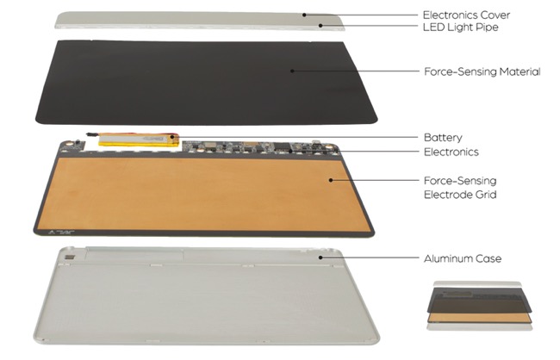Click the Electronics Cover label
pyautogui.click(x=466, y=15)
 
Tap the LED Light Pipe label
pyautogui.click(x=460, y=28)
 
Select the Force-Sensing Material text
pyautogui.click(x=482, y=71)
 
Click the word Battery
pyautogui.click(x=443, y=138)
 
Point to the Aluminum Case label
pyautogui.click(x=463, y=258)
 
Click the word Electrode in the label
pyautogui.click(x=445, y=195)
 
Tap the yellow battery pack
pyautogui.click(x=139, y=140)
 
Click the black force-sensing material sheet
pyautogui.click(x=206, y=83)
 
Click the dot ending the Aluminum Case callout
pyautogui.click(x=320, y=258)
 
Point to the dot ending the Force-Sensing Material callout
pyautogui.click(x=292, y=71)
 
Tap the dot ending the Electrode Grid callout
pyautogui.click(x=331, y=180)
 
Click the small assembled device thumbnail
pyautogui.click(x=479, y=306)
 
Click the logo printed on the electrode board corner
pyautogui.click(x=60, y=233)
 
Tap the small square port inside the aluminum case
pyautogui.click(x=69, y=258)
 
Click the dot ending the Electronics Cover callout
pyautogui.click(x=304, y=15)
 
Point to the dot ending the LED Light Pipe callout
pyautogui.click(x=320, y=25)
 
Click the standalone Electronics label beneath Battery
pyautogui.click(x=451, y=152)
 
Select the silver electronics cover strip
pyautogui.click(x=200, y=21)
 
